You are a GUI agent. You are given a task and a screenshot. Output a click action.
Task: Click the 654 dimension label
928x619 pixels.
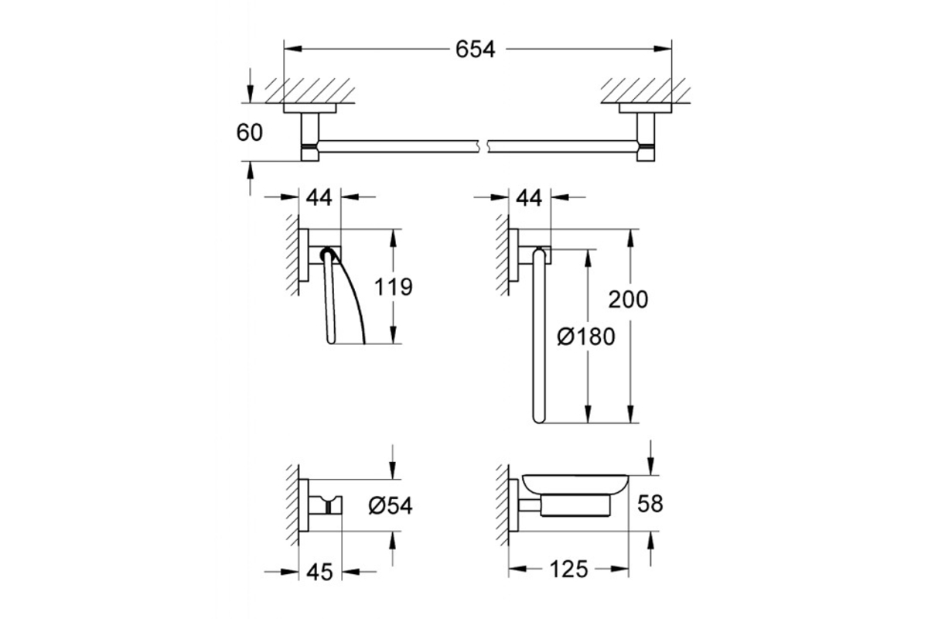(475, 50)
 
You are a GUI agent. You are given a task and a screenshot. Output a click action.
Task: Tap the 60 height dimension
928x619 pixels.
(249, 133)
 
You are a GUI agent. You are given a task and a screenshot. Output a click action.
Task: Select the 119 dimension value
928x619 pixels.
(393, 286)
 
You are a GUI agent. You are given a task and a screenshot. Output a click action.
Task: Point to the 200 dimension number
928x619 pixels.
(628, 299)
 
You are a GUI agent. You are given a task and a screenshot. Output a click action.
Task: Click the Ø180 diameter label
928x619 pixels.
(586, 337)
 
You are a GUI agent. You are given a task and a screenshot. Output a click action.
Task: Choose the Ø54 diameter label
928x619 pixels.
(391, 506)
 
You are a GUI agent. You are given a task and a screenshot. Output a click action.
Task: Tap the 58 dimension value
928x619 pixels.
(650, 504)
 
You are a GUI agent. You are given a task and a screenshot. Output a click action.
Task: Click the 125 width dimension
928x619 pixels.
(569, 569)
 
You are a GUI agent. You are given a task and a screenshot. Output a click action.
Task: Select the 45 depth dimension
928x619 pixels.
(320, 573)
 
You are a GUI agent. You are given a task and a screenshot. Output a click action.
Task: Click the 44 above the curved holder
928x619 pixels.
(319, 197)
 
